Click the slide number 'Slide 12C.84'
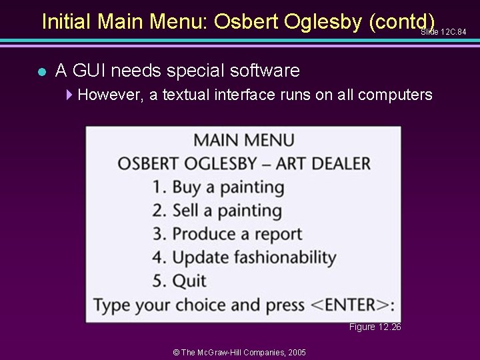[443, 32]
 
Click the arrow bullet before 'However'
[70, 95]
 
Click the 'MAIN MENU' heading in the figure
[243, 141]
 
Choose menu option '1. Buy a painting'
[217, 187]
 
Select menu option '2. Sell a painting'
[217, 211]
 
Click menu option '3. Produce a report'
[227, 234]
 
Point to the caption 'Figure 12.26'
[375, 327]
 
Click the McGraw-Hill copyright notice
[239, 352]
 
